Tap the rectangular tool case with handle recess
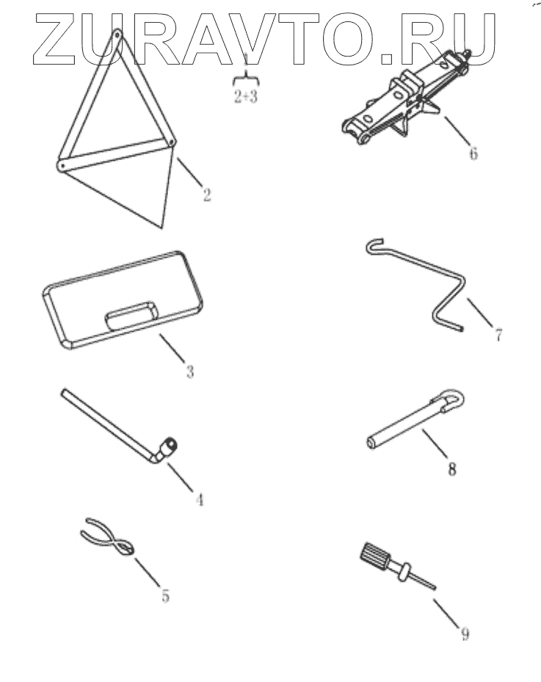pyautogui.click(x=123, y=300)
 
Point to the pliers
pyautogui.click(x=109, y=540)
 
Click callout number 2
pyautogui.click(x=207, y=194)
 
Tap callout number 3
pyautogui.click(x=190, y=371)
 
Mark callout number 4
pyautogui.click(x=199, y=499)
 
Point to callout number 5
pyautogui.click(x=165, y=595)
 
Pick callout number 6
pyautogui.click(x=473, y=153)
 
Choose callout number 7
pyautogui.click(x=498, y=335)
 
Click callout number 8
pyautogui.click(x=452, y=469)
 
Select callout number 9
pyautogui.click(x=465, y=634)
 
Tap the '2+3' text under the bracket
pyautogui.click(x=246, y=96)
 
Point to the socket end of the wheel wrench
pyautogui.click(x=168, y=446)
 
